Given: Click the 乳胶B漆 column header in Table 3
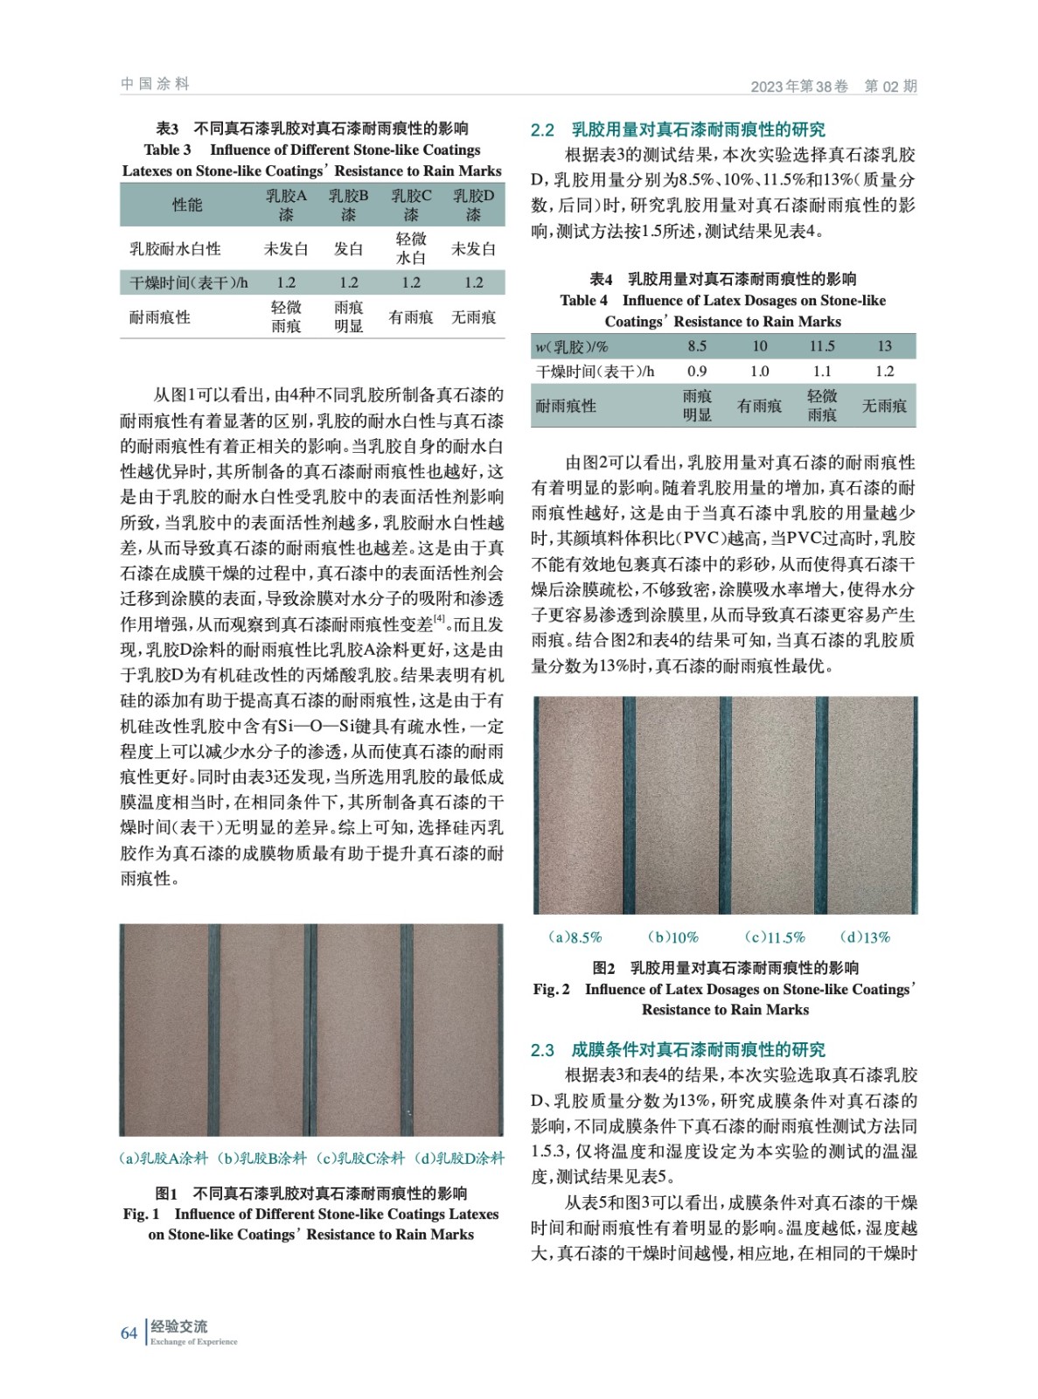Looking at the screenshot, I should [x=348, y=205].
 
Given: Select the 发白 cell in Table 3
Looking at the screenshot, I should [x=348, y=249].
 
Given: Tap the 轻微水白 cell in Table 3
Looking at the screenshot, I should [x=411, y=249].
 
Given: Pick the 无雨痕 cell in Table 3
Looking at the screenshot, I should [x=473, y=317].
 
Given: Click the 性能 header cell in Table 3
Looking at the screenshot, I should [x=187, y=205].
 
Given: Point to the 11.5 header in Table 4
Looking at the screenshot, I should [x=822, y=346].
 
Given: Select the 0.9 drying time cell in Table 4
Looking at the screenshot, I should [x=697, y=372].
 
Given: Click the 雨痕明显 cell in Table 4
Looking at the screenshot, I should [x=697, y=406].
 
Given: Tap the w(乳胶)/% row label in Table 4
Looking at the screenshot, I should [x=572, y=346].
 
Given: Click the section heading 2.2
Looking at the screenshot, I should [x=678, y=130].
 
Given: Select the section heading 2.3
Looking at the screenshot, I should [x=678, y=1050].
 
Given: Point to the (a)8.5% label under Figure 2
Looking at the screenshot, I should [x=575, y=937].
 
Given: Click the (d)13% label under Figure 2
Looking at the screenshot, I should [x=864, y=937].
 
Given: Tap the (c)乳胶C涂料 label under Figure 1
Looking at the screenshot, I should [x=360, y=1159].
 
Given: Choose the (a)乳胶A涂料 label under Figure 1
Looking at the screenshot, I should [x=164, y=1159].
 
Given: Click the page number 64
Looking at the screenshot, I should [x=129, y=1333].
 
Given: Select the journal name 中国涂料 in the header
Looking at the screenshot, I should [x=155, y=84].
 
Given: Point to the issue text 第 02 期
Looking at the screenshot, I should [x=890, y=86].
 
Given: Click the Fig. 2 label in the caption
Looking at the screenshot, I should [x=551, y=989].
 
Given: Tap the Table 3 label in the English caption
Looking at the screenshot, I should [x=167, y=150].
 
